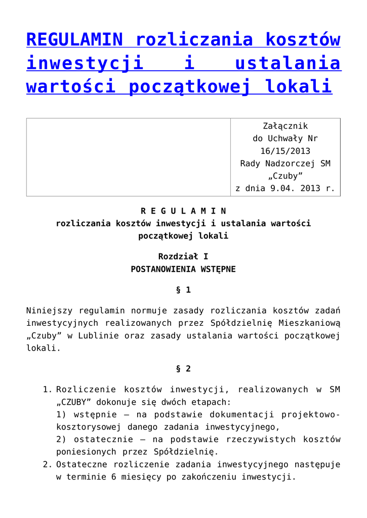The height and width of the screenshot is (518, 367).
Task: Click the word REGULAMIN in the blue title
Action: coord(75,39)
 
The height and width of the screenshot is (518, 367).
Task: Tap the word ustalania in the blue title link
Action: coord(288,63)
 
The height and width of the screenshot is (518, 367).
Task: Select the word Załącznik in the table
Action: coord(286,126)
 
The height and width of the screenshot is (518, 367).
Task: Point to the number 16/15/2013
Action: coord(286,151)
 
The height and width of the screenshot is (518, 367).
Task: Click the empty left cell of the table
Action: coord(128,157)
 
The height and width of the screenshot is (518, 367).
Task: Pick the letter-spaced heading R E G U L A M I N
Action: coord(183,210)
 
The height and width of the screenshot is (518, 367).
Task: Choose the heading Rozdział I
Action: coord(183,256)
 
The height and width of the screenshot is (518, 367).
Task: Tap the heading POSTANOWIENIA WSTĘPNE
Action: coord(183,269)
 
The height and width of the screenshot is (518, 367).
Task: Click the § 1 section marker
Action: coord(183,290)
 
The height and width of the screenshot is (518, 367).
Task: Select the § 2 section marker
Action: coord(183,369)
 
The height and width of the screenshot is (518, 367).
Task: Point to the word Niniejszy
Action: coord(49,310)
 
